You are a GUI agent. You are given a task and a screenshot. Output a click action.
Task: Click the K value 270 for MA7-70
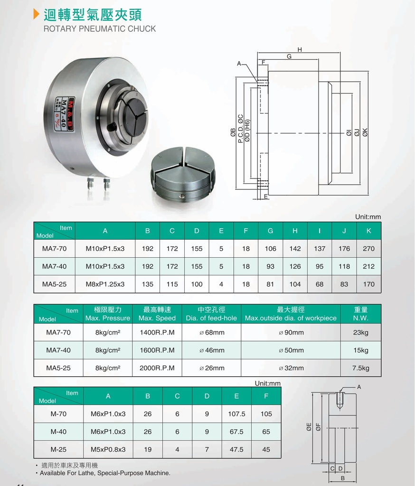[368, 249]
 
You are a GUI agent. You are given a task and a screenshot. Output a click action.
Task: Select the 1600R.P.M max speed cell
[157, 350]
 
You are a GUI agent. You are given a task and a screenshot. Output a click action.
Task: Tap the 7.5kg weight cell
[361, 368]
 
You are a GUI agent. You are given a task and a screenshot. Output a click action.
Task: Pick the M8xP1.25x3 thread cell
[105, 284]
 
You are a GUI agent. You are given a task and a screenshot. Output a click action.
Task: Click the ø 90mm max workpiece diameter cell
[291, 333]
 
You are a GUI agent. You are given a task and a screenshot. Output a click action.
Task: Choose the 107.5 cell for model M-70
[236, 414]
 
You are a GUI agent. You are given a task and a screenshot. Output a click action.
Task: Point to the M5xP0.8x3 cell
[108, 449]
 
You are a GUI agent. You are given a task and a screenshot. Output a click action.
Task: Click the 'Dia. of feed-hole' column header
[211, 314]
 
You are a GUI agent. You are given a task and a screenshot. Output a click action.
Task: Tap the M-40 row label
[58, 431]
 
